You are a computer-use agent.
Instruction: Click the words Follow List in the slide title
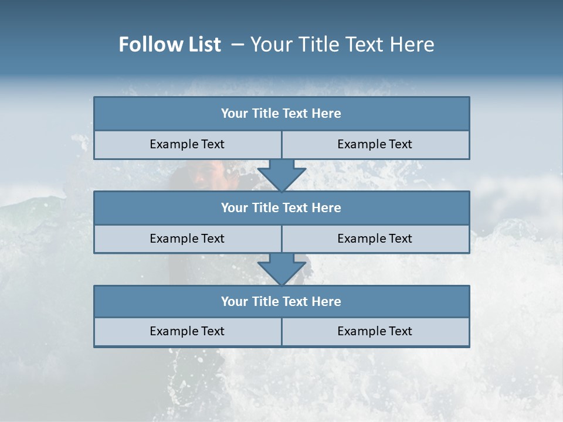(x=169, y=45)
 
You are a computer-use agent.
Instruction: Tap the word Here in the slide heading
(x=413, y=45)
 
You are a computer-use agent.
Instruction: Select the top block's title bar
(x=281, y=114)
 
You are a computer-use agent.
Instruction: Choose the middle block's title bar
(x=281, y=208)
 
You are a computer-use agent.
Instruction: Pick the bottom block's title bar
(x=281, y=302)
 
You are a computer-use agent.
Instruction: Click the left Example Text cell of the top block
(x=187, y=144)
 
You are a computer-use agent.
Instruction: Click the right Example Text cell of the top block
(x=375, y=144)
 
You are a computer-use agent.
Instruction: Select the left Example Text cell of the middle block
(x=187, y=239)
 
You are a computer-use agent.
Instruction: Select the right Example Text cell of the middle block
(x=375, y=239)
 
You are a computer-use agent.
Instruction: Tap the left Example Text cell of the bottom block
(x=187, y=331)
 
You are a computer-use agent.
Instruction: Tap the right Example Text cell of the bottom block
(x=375, y=331)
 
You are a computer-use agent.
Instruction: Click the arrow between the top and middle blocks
(x=281, y=176)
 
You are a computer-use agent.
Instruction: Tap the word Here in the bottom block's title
(x=327, y=302)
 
